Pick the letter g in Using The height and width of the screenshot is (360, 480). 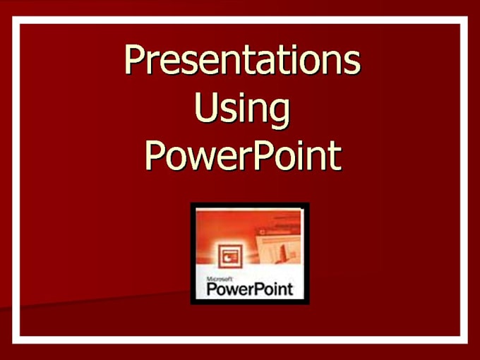[278, 114]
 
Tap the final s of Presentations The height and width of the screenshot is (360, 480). [351, 64]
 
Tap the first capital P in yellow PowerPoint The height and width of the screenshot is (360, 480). [155, 155]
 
